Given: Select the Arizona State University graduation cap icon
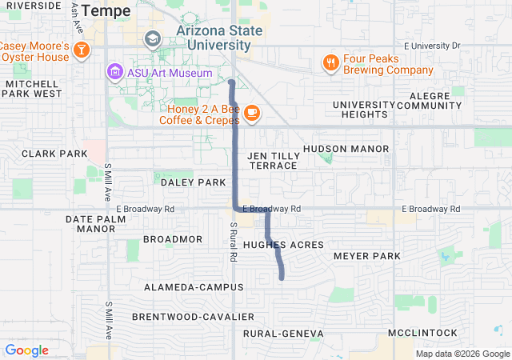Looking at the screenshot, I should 152,38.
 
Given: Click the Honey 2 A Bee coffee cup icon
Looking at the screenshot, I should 251,113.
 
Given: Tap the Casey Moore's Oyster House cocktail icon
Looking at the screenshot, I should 81,50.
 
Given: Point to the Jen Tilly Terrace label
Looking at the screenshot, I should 274,160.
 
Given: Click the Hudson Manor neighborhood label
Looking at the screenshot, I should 346,149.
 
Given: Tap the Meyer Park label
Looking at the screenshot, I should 366,256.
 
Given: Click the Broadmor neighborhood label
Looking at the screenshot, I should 173,239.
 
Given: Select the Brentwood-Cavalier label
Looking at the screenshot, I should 193,317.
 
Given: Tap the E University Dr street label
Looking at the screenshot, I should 433,46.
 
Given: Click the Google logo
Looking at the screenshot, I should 26,350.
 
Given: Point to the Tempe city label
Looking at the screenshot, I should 104,10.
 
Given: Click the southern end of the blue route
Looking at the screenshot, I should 282,278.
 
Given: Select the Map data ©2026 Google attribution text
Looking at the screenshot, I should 462,354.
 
